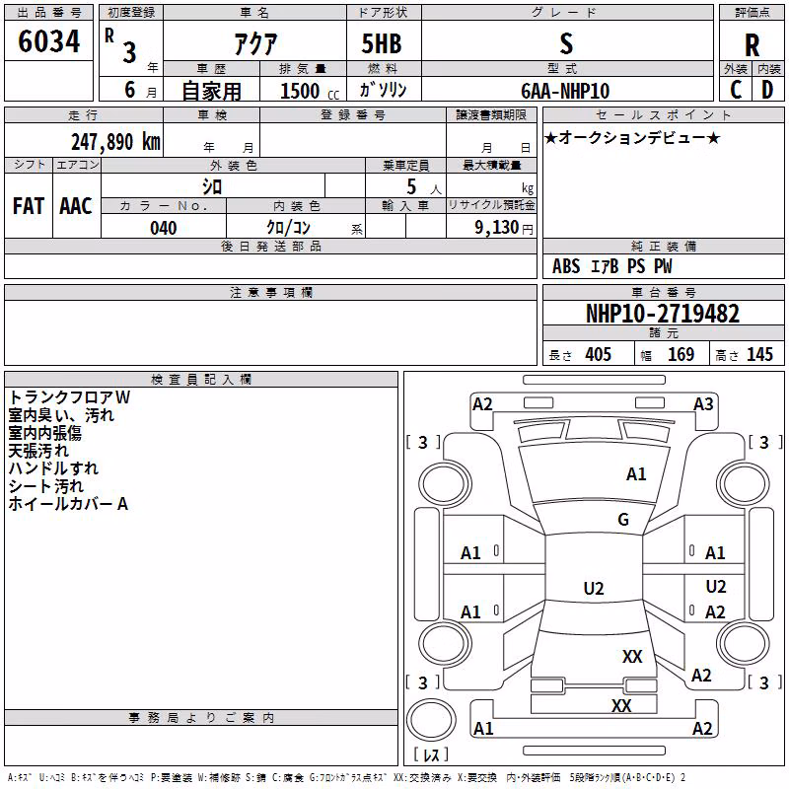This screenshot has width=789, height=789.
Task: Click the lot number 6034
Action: [x=48, y=41]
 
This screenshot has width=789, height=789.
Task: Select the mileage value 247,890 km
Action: [x=115, y=142]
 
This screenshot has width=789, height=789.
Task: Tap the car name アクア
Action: [x=255, y=43]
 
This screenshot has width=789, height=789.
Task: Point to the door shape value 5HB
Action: [x=382, y=43]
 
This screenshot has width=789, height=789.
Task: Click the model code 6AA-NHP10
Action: [x=565, y=91]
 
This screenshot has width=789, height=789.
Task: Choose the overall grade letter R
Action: [x=752, y=45]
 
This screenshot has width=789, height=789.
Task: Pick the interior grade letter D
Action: [x=767, y=90]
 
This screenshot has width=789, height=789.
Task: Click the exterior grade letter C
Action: [x=736, y=90]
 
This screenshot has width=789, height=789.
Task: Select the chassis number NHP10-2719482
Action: [x=663, y=314]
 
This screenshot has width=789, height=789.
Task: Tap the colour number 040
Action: [x=164, y=228]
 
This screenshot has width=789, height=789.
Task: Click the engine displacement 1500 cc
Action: [x=310, y=91]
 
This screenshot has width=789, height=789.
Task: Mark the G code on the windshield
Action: [x=623, y=519]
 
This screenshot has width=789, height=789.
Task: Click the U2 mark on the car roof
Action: [x=594, y=588]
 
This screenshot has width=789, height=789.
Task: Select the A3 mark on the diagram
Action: [x=703, y=404]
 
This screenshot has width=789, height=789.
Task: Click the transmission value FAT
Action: [x=29, y=206]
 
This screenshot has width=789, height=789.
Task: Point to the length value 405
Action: [x=598, y=355]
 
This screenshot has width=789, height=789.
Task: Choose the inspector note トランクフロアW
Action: [x=69, y=397]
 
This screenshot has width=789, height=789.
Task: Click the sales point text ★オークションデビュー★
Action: [x=632, y=137]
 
